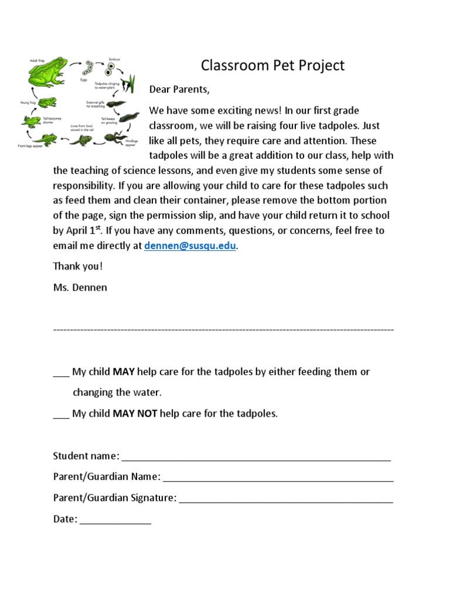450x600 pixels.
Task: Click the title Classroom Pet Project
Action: coord(272,65)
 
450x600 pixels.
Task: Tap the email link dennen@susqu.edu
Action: coord(190,246)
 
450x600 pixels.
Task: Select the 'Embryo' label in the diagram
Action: coord(115,60)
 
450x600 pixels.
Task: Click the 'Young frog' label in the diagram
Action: coord(28,102)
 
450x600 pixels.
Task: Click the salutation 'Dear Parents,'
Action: coord(179,90)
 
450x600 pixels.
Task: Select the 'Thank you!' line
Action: coord(77,266)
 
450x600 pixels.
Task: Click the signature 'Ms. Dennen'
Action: coord(80,287)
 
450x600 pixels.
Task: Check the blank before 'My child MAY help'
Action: coord(61,373)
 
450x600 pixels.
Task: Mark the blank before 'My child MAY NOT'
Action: coord(61,414)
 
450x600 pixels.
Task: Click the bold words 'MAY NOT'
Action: coord(135,414)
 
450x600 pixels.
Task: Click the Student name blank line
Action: coord(256,457)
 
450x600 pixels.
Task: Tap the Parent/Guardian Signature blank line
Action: coord(286,499)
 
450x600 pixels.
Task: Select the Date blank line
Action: coord(115,520)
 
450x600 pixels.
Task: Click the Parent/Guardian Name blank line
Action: coord(278,478)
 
